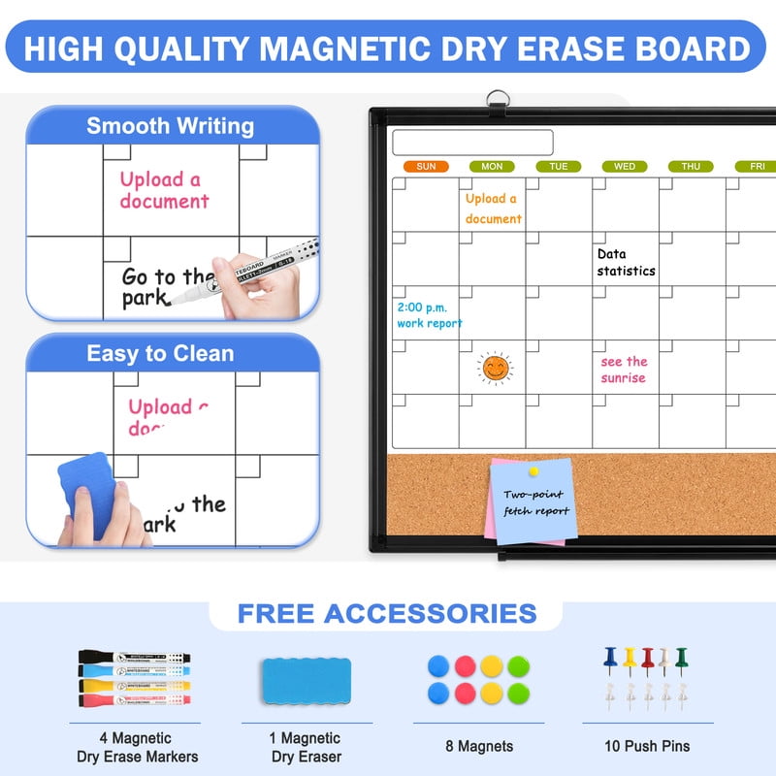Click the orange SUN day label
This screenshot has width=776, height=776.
(426, 167)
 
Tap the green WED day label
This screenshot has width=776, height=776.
(624, 167)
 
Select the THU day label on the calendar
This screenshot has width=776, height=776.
(690, 167)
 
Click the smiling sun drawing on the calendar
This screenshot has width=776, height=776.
(494, 368)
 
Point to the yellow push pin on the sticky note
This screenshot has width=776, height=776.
(533, 472)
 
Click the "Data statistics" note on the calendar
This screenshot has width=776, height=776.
(626, 263)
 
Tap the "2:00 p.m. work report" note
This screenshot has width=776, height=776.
(429, 315)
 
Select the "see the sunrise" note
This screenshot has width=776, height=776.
(624, 370)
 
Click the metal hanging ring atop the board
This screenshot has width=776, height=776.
(499, 99)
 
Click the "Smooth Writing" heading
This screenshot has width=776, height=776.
(171, 126)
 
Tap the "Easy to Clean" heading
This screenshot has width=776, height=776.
(160, 353)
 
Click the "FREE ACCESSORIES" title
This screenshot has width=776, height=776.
(387, 613)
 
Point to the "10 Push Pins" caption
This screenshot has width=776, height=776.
(647, 746)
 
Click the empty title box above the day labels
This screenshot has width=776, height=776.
(472, 143)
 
